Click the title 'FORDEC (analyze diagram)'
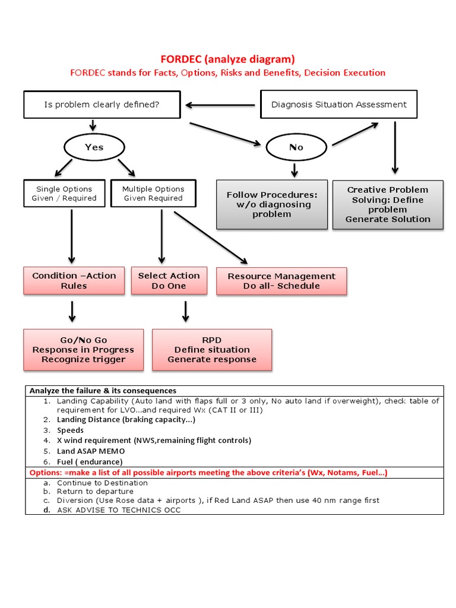coord(227,59)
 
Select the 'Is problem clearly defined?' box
coord(102,104)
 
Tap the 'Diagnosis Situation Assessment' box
coord(339,104)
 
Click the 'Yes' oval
coord(94,147)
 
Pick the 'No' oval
coord(296,147)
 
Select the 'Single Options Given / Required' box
coord(64,194)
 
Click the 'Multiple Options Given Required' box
coord(153,194)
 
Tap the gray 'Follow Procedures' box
coord(272,204)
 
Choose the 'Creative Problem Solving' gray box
coord(388,204)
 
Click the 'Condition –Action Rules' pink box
coord(74,281)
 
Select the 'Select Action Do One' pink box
coord(169,281)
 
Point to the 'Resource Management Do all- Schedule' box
coord(281,281)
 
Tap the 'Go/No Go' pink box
coord(83,350)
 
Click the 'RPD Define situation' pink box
coord(212,350)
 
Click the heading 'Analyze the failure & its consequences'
coord(103,391)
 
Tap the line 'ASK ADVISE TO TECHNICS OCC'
coord(119,510)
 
